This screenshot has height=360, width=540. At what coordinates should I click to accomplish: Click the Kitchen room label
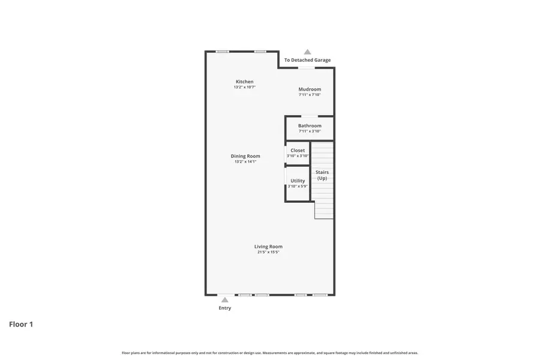(244, 82)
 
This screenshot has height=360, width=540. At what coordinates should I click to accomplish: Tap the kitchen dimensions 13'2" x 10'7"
(244, 87)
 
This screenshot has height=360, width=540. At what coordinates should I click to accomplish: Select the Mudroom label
(310, 89)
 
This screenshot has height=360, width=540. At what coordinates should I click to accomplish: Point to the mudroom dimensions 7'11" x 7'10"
(310, 95)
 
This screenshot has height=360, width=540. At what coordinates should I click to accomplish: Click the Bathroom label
(310, 126)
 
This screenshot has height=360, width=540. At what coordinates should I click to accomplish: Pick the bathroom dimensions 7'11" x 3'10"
(310, 131)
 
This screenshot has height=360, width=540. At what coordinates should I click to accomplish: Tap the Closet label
(298, 151)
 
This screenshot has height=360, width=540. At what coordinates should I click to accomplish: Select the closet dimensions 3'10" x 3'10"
(298, 156)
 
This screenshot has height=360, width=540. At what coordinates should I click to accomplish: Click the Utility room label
(298, 181)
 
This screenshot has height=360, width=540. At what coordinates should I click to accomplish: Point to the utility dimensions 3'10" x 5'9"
(298, 186)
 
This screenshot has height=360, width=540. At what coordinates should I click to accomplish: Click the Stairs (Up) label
(322, 175)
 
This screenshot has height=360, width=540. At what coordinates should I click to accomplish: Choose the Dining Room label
(245, 156)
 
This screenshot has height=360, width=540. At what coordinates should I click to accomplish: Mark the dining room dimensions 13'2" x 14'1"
(245, 161)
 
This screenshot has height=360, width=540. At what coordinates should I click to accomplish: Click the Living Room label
(268, 247)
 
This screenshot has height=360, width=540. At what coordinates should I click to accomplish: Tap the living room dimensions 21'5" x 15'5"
(268, 252)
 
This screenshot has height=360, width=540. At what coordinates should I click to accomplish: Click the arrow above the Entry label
(224, 300)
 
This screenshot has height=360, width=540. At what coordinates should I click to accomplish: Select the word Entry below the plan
(224, 308)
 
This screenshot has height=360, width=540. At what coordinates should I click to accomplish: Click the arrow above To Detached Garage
(307, 52)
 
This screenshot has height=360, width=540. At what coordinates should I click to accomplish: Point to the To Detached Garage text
(307, 60)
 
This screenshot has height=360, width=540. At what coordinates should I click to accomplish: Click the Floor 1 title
(21, 324)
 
